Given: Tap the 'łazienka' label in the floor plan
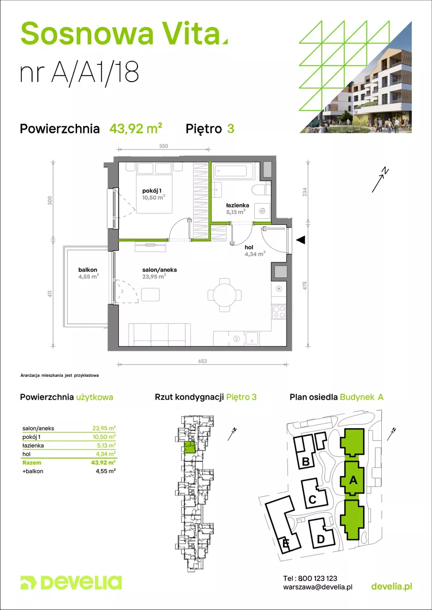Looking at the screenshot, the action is [236, 206].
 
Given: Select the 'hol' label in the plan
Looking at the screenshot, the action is [249, 247].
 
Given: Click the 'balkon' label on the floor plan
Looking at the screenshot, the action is [87, 270].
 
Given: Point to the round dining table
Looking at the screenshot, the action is [224, 295].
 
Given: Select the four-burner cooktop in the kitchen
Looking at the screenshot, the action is [279, 312].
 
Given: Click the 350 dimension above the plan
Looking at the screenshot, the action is [163, 146].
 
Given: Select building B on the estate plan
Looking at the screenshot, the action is [306, 462].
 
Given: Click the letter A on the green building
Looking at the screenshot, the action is [352, 481].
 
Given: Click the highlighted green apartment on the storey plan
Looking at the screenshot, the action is [189, 447].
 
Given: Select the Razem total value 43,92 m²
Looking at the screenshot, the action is [106, 462].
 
